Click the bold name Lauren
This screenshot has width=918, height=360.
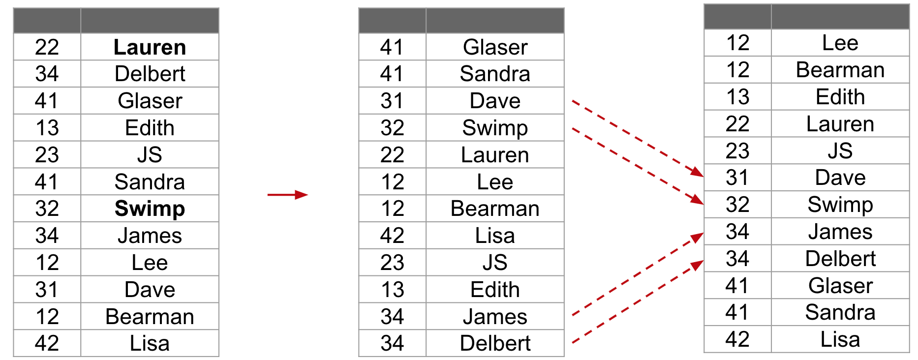point(150,47)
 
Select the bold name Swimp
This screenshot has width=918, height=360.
point(150,209)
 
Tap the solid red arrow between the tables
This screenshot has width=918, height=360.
point(288,195)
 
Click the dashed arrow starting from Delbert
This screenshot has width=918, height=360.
point(638,301)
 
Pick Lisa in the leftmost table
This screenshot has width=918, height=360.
point(150,343)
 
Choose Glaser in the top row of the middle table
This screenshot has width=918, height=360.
point(495,47)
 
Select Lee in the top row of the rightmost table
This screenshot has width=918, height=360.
point(840,43)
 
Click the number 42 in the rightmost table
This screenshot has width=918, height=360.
point(737,339)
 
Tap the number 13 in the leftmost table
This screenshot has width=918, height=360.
point(47,128)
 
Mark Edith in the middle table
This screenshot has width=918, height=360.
point(495,290)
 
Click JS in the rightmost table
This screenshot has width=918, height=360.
point(840,151)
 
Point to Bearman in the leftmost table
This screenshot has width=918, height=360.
point(150,317)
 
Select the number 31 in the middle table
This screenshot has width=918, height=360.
point(392,101)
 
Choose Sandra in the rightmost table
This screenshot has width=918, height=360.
point(840,312)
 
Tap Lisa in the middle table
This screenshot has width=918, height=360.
point(495,236)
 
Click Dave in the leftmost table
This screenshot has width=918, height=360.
point(150,290)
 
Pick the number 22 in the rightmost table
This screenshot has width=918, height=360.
point(737,124)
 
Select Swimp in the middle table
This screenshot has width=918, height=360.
point(495,128)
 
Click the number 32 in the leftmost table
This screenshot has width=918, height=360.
point(47,209)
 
